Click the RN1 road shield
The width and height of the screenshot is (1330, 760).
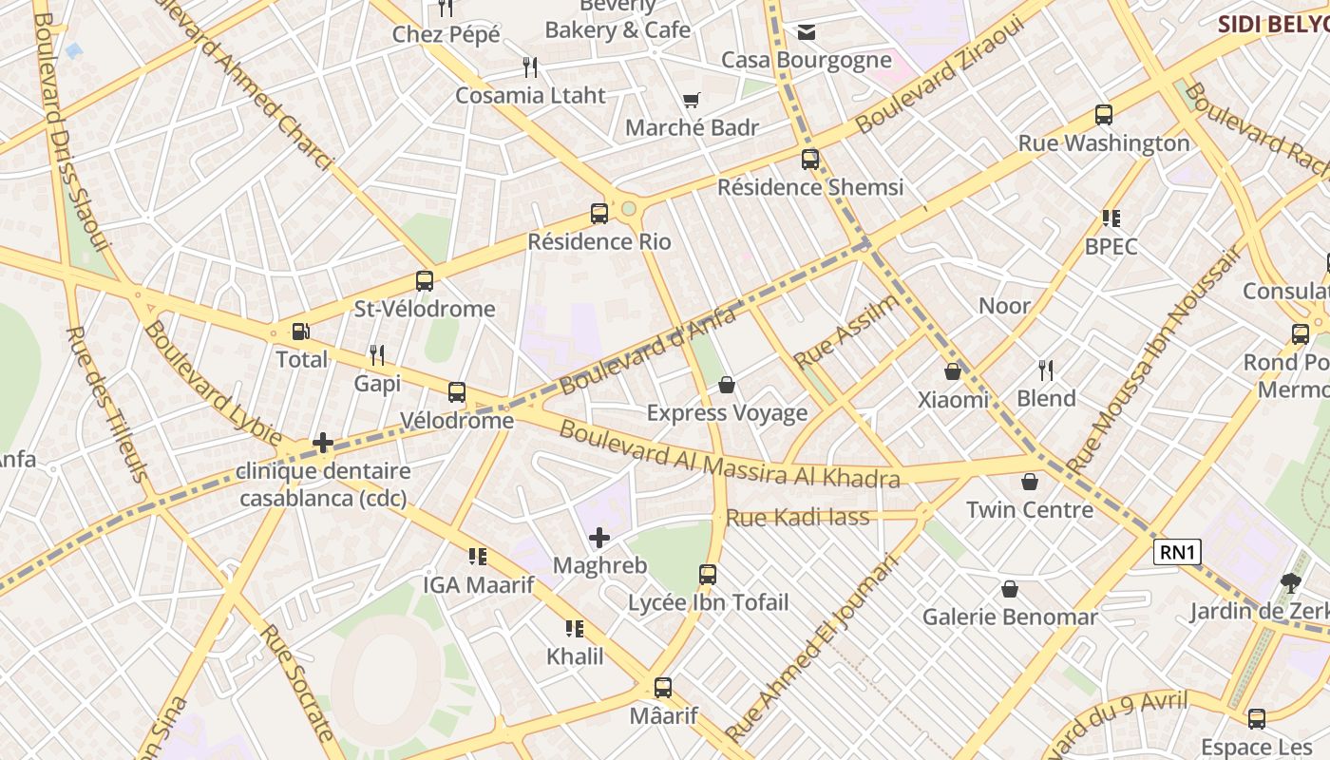(1178, 552)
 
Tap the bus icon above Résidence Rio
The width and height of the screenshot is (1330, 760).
(599, 214)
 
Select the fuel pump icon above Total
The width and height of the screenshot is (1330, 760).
(300, 332)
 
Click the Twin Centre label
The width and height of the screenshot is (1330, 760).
(1030, 510)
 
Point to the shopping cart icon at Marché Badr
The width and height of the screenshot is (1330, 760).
(692, 100)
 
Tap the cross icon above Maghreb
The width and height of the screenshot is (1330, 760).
(599, 539)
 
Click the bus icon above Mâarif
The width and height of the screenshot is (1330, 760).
(663, 688)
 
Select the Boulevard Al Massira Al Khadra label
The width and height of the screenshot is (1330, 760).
(729, 455)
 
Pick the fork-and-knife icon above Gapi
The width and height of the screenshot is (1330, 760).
(377, 355)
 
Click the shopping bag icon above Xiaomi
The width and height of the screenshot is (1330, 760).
(953, 371)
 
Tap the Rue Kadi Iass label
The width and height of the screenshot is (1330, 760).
(798, 518)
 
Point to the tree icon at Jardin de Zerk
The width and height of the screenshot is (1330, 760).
(1290, 582)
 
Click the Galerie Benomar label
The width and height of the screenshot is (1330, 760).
(1010, 617)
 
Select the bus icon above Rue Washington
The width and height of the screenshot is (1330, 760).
(1104, 115)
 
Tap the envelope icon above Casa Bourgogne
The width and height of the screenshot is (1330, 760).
(807, 33)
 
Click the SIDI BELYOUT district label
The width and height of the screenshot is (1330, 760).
(1273, 24)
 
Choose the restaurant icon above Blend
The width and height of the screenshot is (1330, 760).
(1046, 370)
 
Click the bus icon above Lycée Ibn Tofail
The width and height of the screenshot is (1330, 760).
(708, 574)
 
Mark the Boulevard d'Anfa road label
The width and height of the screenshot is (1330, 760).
(648, 352)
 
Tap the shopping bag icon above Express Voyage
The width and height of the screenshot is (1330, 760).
(727, 385)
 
